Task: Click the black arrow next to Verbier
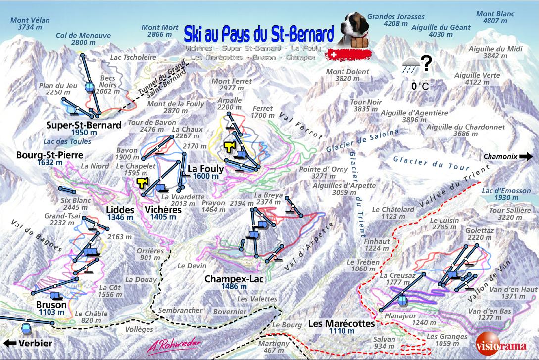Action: pyautogui.click(x=8, y=343)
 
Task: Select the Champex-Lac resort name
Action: pyautogui.click(x=234, y=279)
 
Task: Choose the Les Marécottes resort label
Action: pyautogui.click(x=342, y=324)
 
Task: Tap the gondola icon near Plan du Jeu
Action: pyautogui.click(x=89, y=87)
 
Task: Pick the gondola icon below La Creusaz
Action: pyautogui.click(x=402, y=299)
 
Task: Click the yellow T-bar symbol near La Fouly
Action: pyautogui.click(x=229, y=146)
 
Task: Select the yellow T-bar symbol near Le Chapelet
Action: pyautogui.click(x=143, y=183)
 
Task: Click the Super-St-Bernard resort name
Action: pyautogui.click(x=84, y=125)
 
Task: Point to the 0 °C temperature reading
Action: pyautogui.click(x=420, y=86)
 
